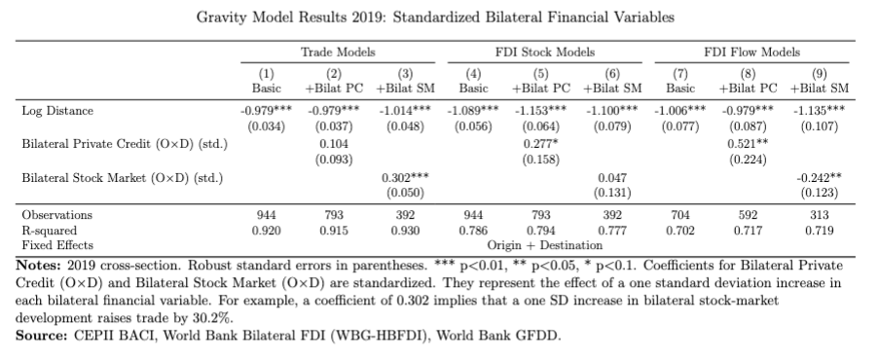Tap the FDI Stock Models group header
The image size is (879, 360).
coord(539,52)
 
